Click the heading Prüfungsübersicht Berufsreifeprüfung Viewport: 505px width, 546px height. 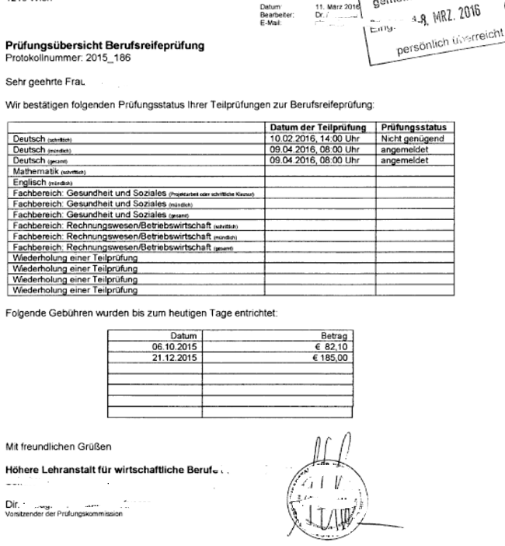pos(105,47)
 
